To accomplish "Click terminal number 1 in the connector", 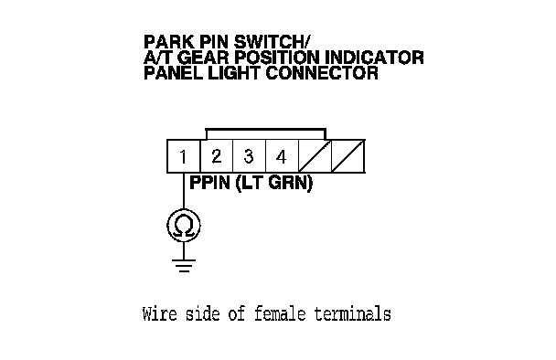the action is point(183,156).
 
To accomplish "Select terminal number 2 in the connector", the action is point(217,156).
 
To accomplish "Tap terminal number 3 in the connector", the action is point(249,156).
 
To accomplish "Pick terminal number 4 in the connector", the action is point(281,156).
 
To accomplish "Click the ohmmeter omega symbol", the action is point(184,226).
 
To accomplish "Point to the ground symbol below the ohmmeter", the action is point(184,265).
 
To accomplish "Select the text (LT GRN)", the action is point(274,183).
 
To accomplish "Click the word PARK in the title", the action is point(169,42).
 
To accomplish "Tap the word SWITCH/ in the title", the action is point(272,42).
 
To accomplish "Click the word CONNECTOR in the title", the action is point(322,73).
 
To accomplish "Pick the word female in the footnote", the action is point(280,314).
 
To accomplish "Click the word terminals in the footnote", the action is point(352,314).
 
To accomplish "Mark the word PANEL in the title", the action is point(174,73).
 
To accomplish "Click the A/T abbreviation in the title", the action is point(158,58).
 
